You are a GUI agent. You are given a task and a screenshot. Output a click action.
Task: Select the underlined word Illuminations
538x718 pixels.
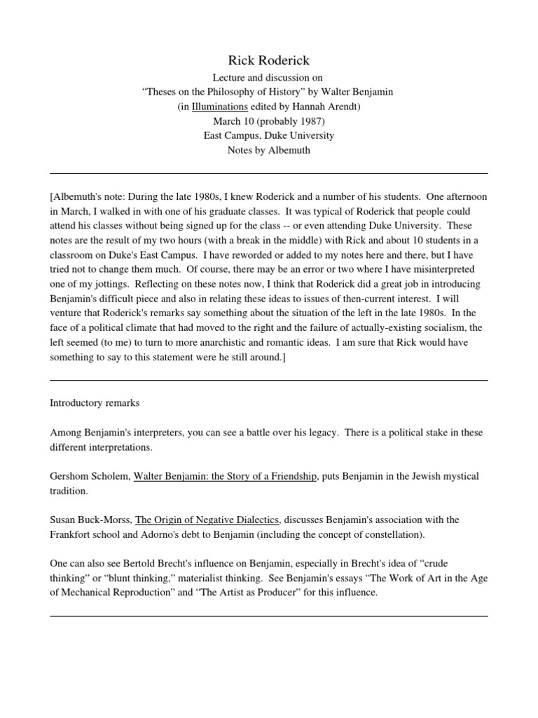tap(219, 107)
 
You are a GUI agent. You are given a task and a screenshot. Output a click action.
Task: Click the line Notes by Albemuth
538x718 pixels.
tap(269, 150)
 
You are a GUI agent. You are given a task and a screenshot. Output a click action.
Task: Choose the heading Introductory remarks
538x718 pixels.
tap(95, 403)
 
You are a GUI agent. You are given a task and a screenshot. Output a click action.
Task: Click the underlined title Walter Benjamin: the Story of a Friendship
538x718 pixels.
tap(225, 476)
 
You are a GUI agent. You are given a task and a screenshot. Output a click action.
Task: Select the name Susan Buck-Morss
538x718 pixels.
tap(90, 520)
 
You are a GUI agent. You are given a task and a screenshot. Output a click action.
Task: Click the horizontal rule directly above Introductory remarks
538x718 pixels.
tap(269, 380)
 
